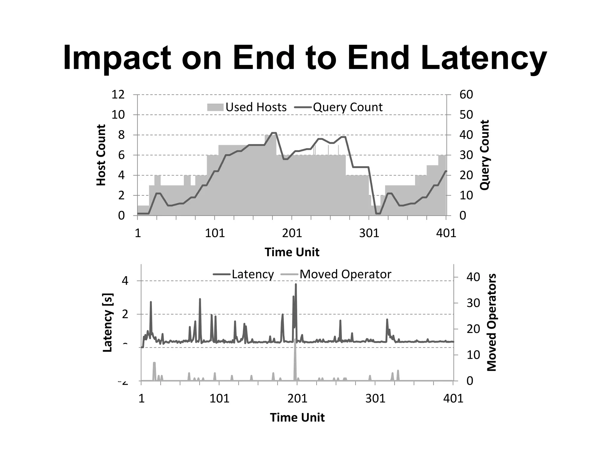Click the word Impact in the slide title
[117, 58]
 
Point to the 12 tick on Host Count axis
[118, 95]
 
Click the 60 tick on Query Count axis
[466, 95]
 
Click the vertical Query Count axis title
[485, 155]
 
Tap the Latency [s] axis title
[108, 323]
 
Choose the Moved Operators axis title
[491, 323]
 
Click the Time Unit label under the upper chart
[292, 252]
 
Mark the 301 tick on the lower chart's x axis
[375, 398]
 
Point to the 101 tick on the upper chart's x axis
[215, 233]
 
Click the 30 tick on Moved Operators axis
[473, 303]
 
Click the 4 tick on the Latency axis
[125, 281]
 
